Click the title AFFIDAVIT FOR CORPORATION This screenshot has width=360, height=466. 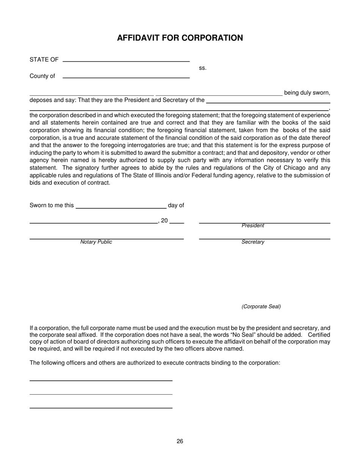180,38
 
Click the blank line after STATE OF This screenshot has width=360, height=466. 126,61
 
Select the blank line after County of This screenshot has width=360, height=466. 126,77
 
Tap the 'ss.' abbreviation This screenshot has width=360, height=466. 203,68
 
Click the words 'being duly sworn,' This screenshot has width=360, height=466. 307,93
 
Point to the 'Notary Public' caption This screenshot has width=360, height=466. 96,242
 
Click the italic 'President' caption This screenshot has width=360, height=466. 253,226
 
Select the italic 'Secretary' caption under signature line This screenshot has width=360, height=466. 253,242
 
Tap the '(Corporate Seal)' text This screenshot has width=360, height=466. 261,306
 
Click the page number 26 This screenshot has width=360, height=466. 180,441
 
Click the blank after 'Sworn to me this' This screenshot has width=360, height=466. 121,208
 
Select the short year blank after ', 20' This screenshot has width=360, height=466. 177,223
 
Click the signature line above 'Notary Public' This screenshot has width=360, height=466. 106,239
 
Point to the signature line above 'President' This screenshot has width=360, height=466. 265,223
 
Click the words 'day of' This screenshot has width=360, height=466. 176,205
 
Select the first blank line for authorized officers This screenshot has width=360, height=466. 101,380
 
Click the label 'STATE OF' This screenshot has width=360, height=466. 44,59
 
